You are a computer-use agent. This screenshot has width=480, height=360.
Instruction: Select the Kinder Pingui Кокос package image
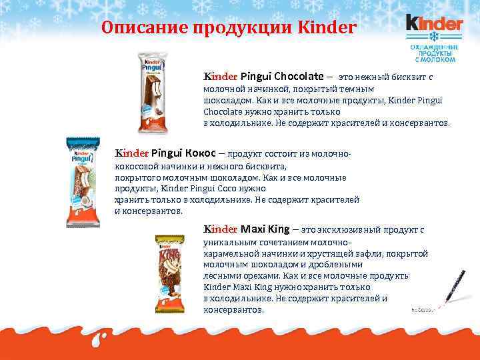[83, 182]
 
